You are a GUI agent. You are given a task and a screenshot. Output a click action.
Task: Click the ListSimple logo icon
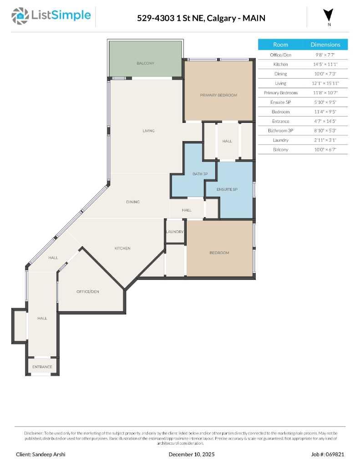(x=20, y=16)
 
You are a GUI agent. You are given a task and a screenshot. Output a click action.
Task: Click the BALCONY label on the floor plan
(x=146, y=63)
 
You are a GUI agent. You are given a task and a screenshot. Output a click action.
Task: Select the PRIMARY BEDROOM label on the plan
(x=218, y=95)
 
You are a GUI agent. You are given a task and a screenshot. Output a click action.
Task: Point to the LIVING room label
(x=148, y=131)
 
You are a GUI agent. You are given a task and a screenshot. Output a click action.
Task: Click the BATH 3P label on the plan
(x=200, y=174)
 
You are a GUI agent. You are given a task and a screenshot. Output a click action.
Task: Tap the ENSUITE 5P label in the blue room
(x=227, y=189)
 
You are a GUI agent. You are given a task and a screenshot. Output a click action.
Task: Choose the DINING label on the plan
(x=133, y=202)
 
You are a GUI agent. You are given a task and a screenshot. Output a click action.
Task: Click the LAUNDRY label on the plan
(x=175, y=232)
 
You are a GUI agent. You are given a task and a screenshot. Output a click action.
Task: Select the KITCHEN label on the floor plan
(x=122, y=248)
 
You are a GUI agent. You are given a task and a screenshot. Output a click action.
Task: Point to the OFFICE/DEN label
(x=88, y=291)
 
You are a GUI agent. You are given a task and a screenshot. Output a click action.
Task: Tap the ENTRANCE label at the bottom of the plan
(x=42, y=367)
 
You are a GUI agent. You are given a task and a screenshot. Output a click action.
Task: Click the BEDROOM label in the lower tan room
(x=219, y=253)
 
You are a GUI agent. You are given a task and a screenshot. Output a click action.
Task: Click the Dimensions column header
(x=325, y=45)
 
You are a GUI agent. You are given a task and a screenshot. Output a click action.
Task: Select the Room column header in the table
(x=280, y=45)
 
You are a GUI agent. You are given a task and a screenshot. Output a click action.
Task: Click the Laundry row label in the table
(x=280, y=140)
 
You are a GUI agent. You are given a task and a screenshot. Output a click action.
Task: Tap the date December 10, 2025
(x=191, y=454)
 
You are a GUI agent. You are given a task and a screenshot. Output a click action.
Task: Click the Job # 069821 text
(x=328, y=454)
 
